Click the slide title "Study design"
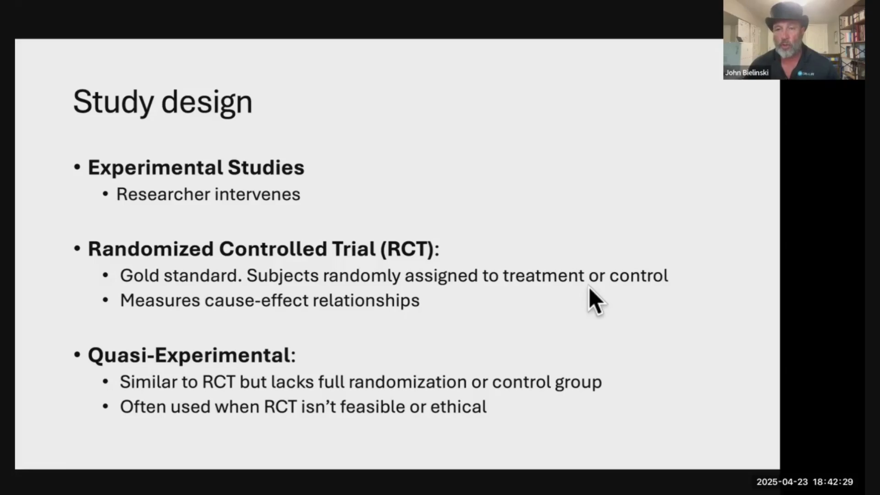(x=163, y=102)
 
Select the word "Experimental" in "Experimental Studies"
(x=155, y=168)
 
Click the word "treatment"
(x=544, y=275)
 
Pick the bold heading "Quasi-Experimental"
(x=189, y=355)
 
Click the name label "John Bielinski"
(x=747, y=72)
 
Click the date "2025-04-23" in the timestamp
(x=782, y=482)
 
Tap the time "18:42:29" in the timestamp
(x=833, y=482)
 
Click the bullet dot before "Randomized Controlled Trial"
(x=77, y=249)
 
